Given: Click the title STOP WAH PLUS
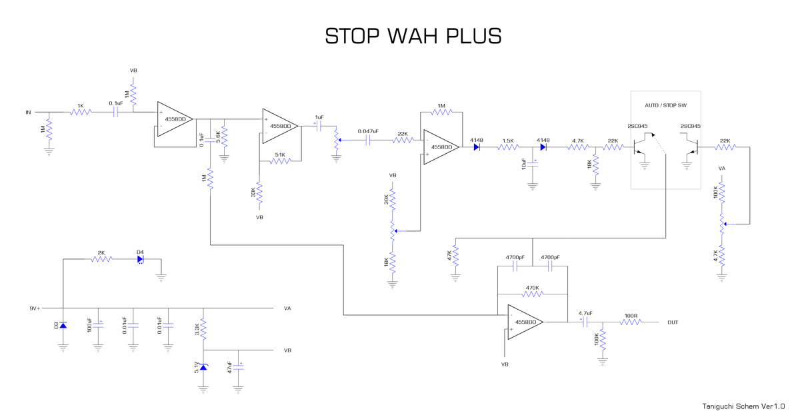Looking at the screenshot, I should point(413,36).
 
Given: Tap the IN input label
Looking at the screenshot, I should point(28,113).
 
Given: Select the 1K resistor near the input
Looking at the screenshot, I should point(81,112).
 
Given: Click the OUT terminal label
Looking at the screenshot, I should point(673,322).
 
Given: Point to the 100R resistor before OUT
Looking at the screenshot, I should point(631,322).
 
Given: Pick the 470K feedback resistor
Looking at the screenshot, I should point(531,294).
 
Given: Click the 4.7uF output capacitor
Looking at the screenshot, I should point(585,322).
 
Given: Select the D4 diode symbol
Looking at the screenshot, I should point(141,259).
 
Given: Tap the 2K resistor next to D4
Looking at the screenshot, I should point(101,259).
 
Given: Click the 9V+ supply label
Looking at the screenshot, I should point(35,308).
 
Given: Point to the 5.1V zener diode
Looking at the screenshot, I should point(203,367).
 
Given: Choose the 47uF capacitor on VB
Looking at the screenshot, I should point(238,367).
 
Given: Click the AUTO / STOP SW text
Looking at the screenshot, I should point(665,106).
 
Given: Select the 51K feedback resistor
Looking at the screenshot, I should point(280,161).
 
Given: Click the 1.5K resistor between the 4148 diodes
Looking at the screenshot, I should point(508,147).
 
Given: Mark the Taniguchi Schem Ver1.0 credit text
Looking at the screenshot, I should point(743,406).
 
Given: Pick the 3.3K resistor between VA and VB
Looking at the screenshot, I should point(203,329).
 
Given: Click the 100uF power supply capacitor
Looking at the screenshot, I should point(98,326).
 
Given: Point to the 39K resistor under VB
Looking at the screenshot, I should point(393,199).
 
